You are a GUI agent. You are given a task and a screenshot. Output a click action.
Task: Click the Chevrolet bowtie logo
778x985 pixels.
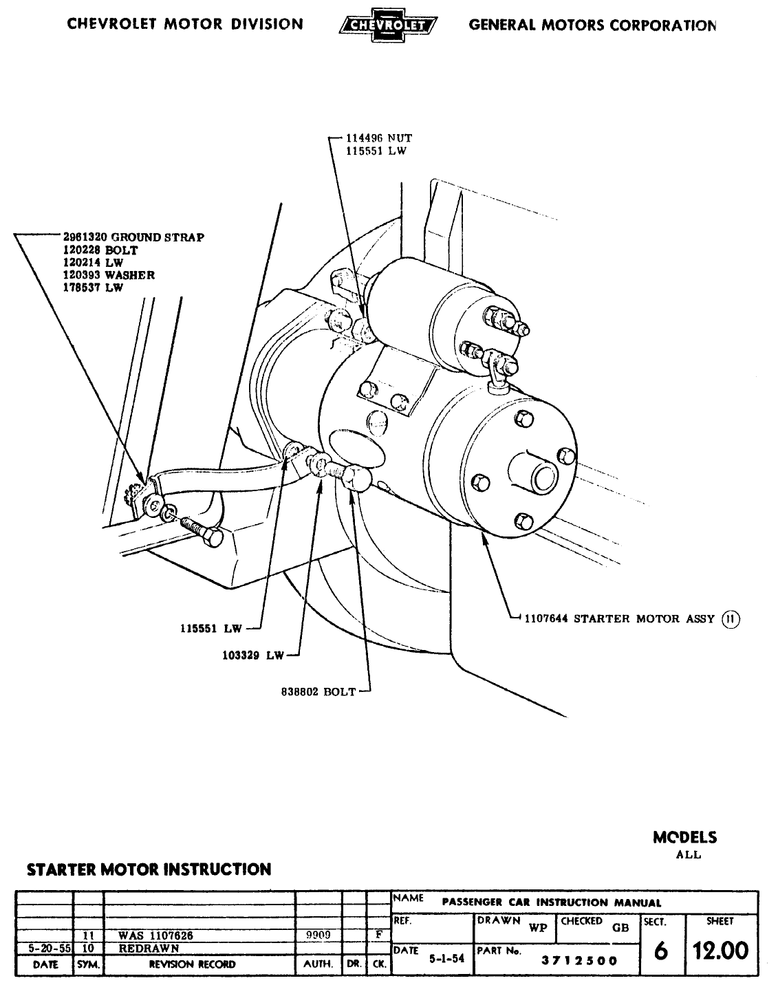point(389,26)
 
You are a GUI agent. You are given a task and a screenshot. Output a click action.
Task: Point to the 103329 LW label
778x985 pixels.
point(252,656)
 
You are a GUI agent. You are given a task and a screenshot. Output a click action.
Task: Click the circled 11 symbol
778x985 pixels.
point(729,618)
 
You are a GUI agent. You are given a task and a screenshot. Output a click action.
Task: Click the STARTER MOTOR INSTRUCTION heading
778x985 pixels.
point(149,869)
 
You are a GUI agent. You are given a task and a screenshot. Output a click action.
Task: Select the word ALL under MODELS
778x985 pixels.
point(688,855)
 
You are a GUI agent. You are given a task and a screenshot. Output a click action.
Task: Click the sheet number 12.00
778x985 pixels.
point(720,951)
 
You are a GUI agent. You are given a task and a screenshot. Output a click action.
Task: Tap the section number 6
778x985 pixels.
point(660,951)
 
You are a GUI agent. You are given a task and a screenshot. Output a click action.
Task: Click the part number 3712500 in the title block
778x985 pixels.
point(579,961)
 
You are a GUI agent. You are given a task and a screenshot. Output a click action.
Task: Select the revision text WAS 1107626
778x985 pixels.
point(156,935)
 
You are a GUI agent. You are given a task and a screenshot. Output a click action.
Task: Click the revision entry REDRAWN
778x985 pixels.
point(149,948)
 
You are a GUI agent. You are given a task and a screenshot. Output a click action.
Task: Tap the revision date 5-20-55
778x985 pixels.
point(45,948)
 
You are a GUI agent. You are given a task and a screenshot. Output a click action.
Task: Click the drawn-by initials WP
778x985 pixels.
point(537,927)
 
